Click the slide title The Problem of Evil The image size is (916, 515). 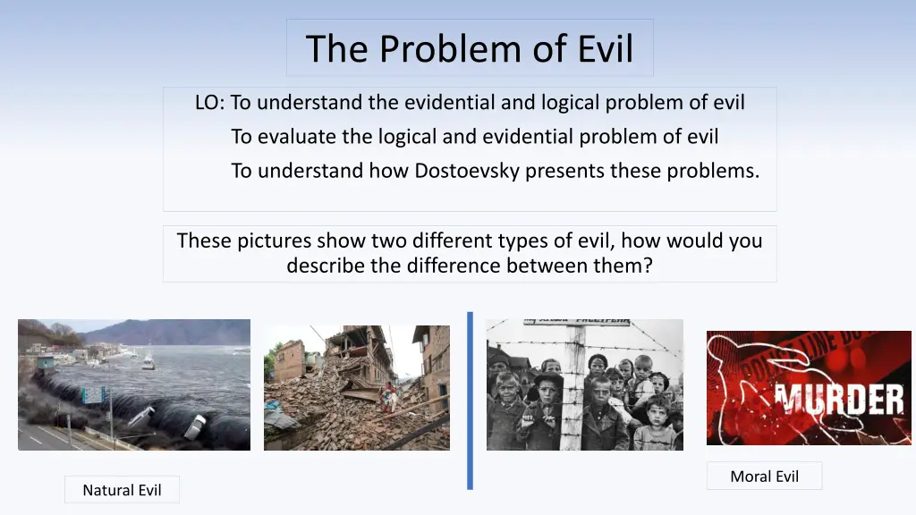(x=469, y=48)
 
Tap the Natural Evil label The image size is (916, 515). (x=122, y=490)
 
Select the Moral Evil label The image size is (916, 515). (x=764, y=477)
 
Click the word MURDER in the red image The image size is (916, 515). (x=839, y=400)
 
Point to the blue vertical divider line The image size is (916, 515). (x=470, y=401)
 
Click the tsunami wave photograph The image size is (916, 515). (x=134, y=384)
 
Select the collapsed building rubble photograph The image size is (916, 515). (x=357, y=388)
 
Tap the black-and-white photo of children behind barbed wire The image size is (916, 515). (x=585, y=384)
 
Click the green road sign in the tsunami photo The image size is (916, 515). (x=93, y=395)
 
